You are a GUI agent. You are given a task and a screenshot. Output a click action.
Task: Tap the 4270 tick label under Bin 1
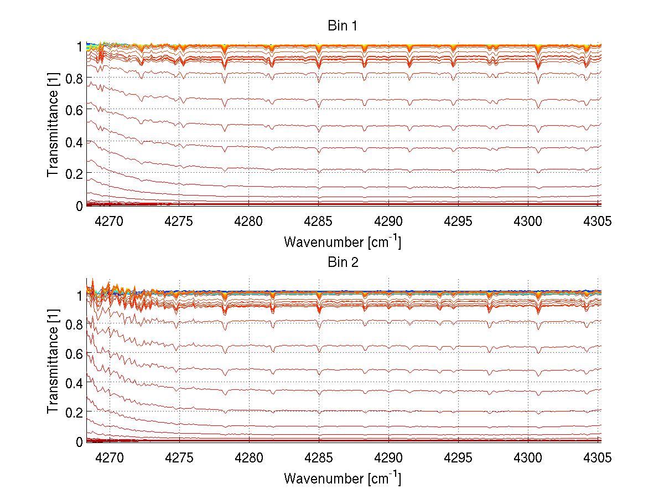(x=109, y=222)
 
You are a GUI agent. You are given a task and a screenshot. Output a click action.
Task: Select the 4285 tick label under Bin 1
(x=319, y=222)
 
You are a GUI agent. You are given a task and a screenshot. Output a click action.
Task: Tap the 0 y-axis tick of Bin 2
(x=79, y=441)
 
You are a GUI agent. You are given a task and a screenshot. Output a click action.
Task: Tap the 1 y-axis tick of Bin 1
(x=80, y=47)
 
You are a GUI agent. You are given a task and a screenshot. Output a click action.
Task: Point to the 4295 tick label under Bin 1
(x=458, y=222)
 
